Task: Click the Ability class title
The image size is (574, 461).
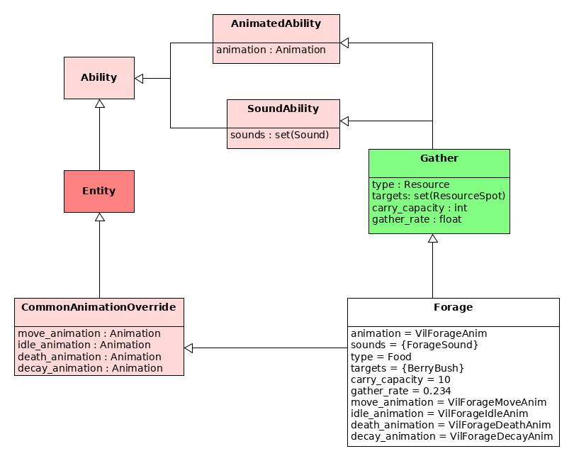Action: click(99, 77)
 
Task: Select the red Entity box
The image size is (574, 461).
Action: click(99, 191)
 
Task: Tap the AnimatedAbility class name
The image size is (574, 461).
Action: click(276, 23)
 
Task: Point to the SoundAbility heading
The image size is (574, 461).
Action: click(283, 109)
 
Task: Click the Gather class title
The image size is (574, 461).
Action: click(439, 158)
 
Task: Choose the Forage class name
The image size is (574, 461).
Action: click(454, 307)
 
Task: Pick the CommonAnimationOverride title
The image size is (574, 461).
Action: click(99, 307)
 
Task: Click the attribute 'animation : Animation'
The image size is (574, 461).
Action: click(271, 50)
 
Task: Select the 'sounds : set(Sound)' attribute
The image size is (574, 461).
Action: click(280, 135)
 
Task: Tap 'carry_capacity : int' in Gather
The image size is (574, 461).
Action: click(420, 208)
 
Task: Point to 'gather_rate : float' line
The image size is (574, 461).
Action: click(417, 219)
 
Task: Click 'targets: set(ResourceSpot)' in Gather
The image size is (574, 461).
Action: click(439, 196)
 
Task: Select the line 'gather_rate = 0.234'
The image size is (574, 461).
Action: click(401, 391)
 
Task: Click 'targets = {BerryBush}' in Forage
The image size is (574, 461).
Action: click(407, 368)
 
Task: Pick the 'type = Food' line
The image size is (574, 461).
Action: click(381, 357)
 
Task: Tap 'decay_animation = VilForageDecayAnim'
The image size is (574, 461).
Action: click(451, 436)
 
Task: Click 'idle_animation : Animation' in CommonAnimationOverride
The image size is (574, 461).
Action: click(84, 345)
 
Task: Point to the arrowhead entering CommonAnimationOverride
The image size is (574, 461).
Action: click(188, 348)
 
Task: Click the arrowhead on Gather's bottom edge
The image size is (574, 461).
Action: click(433, 238)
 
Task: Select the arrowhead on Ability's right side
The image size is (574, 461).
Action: click(139, 79)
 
